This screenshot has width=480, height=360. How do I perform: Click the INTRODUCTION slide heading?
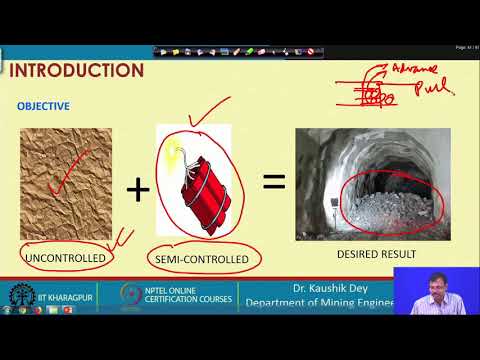point(77,70)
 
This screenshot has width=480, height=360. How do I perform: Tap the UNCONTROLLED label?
point(63,258)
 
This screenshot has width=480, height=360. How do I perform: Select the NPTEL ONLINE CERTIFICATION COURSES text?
point(190,297)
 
